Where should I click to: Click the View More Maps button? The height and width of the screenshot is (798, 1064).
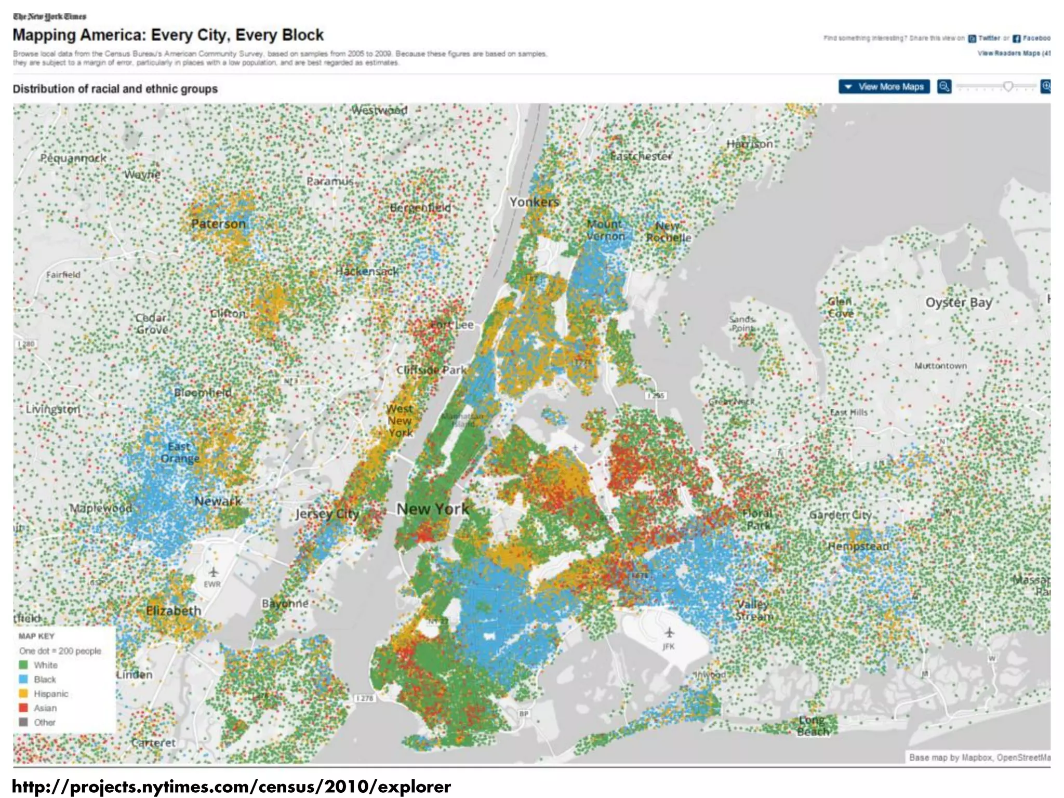[884, 87]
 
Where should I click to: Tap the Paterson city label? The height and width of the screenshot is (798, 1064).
[218, 224]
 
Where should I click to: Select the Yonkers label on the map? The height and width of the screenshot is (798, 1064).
[534, 202]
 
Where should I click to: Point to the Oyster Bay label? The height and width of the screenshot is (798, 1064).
[959, 302]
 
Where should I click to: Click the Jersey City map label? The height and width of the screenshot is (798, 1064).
[327, 514]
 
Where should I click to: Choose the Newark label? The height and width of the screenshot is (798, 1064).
[218, 501]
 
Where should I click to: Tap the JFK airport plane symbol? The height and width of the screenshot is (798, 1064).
[669, 632]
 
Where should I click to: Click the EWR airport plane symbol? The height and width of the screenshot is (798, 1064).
[213, 572]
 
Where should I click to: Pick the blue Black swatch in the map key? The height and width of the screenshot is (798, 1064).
[23, 679]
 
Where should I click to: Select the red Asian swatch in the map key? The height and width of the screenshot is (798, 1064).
[23, 708]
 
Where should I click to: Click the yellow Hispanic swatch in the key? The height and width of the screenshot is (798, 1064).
[23, 694]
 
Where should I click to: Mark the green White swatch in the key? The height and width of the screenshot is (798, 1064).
[23, 664]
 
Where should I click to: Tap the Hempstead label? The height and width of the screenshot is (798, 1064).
[858, 547]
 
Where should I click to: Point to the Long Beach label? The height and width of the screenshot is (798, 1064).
[813, 726]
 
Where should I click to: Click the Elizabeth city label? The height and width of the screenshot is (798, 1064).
[173, 610]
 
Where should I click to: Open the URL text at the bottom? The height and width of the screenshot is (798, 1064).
[231, 787]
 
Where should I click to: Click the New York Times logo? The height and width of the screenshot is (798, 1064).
[49, 17]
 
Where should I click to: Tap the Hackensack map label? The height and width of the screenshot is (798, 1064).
[367, 271]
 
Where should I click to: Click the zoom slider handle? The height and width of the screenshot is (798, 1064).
[1008, 86]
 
